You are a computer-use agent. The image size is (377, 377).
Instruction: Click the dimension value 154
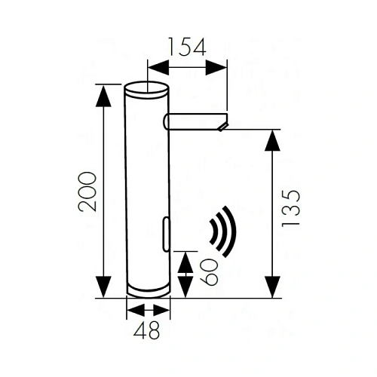(187, 47)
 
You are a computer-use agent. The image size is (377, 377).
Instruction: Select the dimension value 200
(88, 191)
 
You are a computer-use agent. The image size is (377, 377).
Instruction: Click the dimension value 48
(147, 329)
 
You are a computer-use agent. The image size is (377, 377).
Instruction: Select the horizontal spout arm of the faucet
(194, 121)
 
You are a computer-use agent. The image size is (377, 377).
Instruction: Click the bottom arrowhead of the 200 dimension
(104, 289)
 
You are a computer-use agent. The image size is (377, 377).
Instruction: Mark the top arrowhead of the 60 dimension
(185, 259)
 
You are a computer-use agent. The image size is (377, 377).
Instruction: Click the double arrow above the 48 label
(148, 310)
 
